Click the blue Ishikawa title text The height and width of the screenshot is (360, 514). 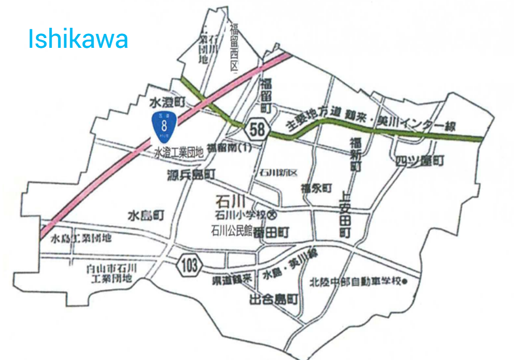pyautogui.click(x=78, y=39)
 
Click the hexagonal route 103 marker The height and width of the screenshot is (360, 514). pyautogui.click(x=189, y=265)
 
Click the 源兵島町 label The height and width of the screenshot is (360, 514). pyautogui.click(x=191, y=174)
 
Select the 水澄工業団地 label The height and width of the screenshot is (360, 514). pyautogui.click(x=179, y=152)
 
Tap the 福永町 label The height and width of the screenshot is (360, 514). pyautogui.click(x=316, y=188)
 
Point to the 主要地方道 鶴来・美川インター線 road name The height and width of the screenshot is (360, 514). pyautogui.click(x=370, y=122)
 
